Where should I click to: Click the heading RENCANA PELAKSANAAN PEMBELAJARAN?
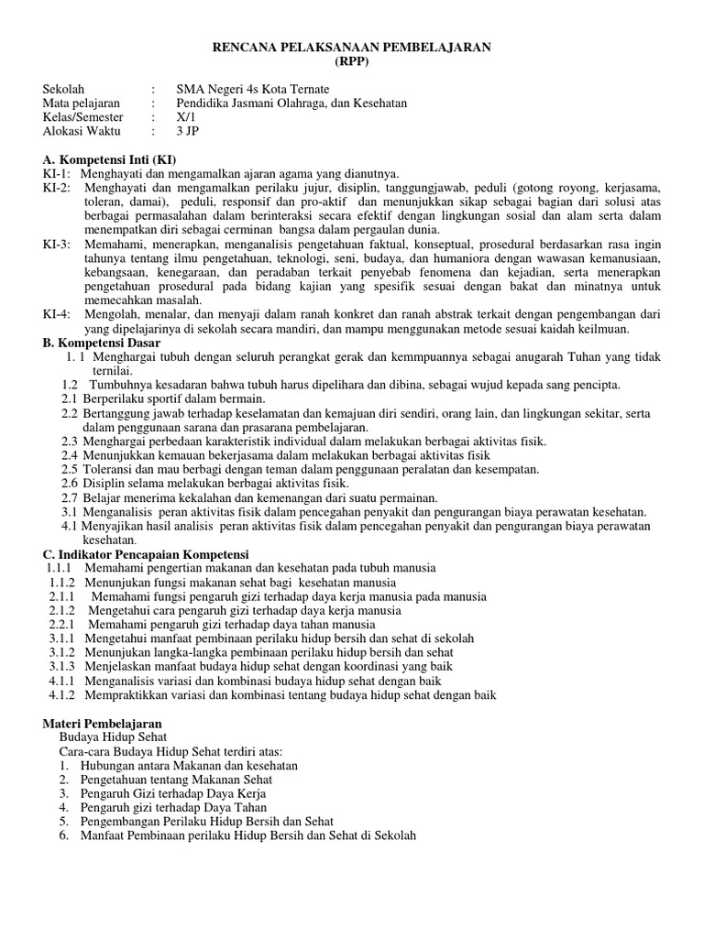click(x=352, y=47)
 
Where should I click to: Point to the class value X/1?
click(x=186, y=117)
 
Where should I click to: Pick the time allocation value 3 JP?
click(x=187, y=131)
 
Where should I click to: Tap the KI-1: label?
click(x=57, y=173)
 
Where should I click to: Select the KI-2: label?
click(x=57, y=187)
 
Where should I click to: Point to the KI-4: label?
click(x=57, y=314)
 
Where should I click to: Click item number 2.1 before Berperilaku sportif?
click(x=70, y=398)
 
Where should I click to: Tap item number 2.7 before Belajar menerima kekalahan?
click(x=70, y=497)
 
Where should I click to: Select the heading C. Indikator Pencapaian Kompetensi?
click(x=146, y=554)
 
